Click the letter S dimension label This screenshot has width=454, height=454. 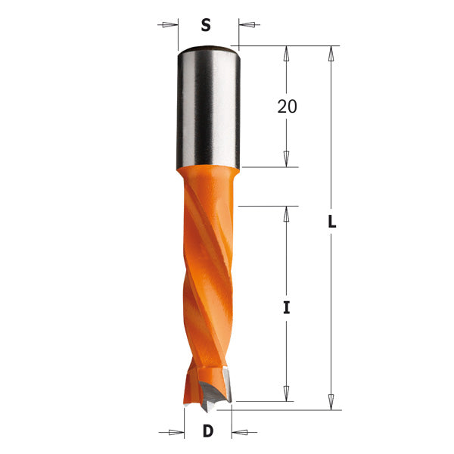(205, 25)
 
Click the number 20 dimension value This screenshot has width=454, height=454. (287, 107)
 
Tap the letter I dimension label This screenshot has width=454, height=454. (287, 308)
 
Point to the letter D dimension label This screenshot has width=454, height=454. (207, 433)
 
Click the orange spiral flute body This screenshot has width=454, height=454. (208, 265)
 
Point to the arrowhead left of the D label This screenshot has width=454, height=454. (176, 433)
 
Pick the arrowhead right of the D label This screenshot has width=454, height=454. (240, 433)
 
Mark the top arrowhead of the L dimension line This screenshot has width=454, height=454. (331, 54)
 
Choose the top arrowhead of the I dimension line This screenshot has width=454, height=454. (286, 213)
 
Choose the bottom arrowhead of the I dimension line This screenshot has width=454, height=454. (286, 393)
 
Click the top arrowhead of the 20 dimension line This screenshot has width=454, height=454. (286, 54)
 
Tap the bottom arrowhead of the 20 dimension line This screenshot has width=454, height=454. (286, 159)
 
